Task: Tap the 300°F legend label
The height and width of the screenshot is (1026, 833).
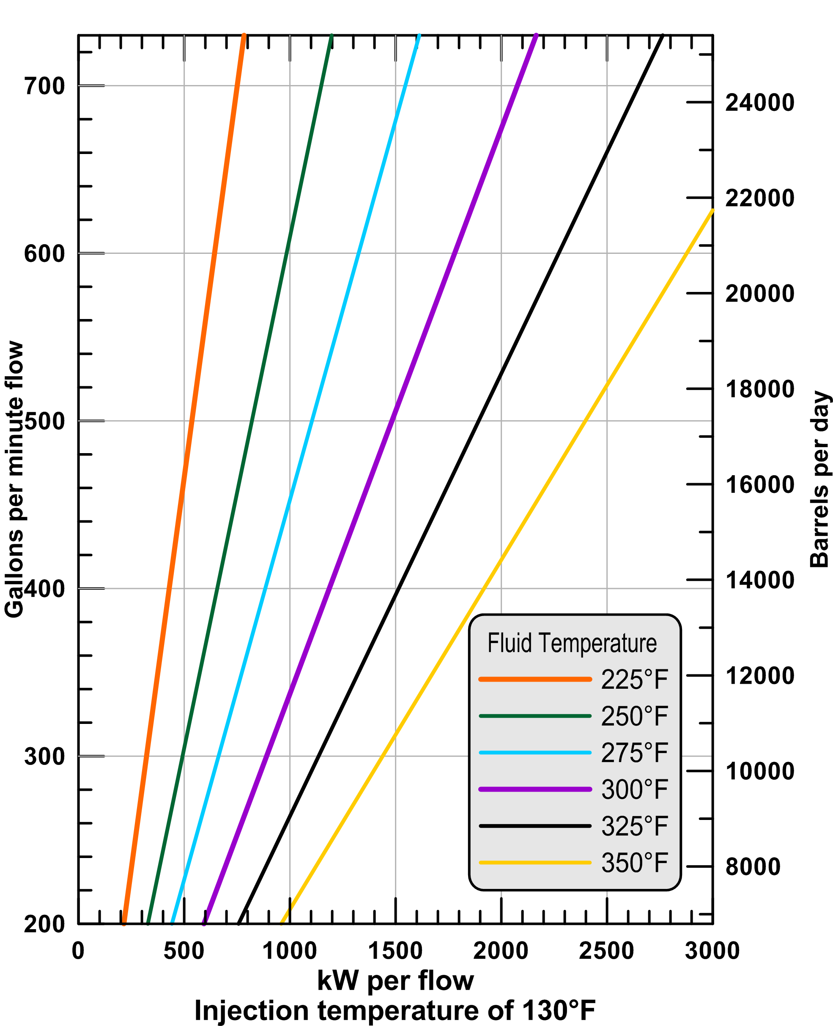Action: (x=634, y=789)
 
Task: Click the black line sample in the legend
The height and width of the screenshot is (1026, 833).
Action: (x=535, y=826)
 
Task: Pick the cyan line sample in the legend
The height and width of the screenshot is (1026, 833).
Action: (x=535, y=753)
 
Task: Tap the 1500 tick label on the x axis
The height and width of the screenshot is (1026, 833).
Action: (x=395, y=951)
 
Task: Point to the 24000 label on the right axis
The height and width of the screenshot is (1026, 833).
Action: (x=759, y=103)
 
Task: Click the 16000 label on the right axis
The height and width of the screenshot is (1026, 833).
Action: (x=759, y=485)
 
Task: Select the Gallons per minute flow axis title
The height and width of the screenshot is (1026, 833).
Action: (x=14, y=480)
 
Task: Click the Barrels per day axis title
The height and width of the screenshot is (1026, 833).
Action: (x=819, y=480)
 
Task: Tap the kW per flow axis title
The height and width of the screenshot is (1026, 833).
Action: (x=395, y=980)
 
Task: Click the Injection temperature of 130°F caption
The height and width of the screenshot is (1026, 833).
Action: (x=395, y=1011)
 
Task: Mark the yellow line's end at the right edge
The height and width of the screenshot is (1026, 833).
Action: (x=712, y=211)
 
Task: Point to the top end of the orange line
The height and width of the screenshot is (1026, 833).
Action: (x=244, y=36)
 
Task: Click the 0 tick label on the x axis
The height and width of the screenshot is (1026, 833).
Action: (x=78, y=951)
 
